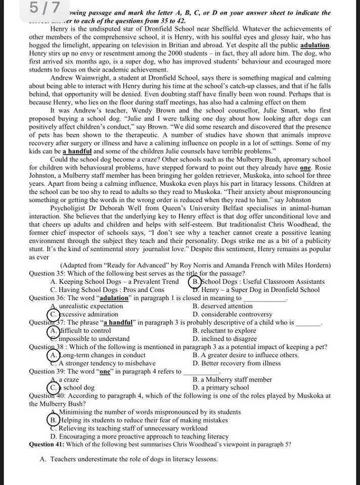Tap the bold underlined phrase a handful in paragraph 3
coord(77,151)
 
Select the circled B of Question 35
coord(195,281)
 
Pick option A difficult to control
coord(81,330)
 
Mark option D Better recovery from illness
coord(237,363)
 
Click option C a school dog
coord(73,387)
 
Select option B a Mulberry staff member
coord(232,379)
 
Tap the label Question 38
coord(46,347)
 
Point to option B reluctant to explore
coord(224,330)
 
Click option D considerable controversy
coord(232,314)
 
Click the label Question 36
coord(46,298)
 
